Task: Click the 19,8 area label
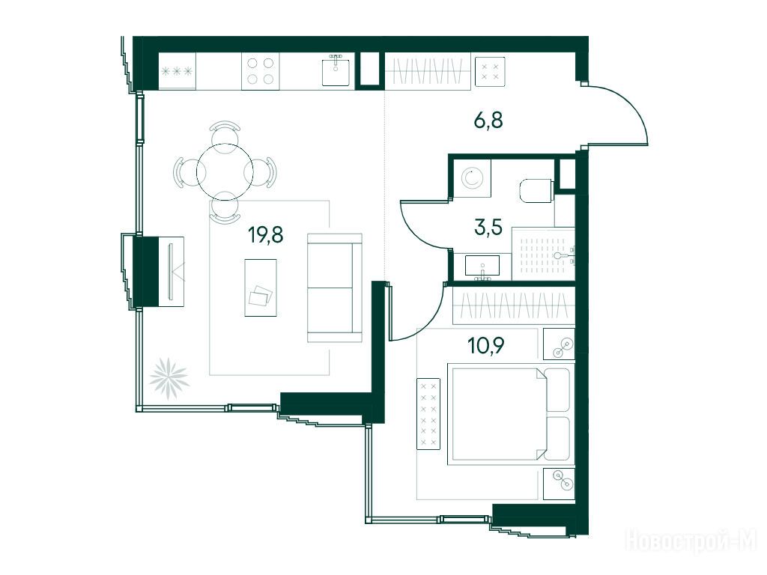pos(266,235)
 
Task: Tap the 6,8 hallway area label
pos(488,120)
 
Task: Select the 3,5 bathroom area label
pos(488,228)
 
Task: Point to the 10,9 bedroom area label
pos(485,346)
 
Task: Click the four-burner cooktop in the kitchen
pos(260,71)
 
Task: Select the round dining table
pos(225,171)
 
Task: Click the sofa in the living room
pos(335,288)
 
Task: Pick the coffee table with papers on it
pos(261,287)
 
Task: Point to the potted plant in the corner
pos(169,378)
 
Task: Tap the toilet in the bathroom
pos(536,191)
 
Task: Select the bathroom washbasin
pos(482,267)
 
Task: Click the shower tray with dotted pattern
pos(543,255)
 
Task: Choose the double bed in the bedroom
pos(511,413)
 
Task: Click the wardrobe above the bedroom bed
pos(514,306)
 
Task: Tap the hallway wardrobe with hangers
pos(428,71)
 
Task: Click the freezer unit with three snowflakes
pos(177,71)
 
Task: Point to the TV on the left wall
pos(171,271)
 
